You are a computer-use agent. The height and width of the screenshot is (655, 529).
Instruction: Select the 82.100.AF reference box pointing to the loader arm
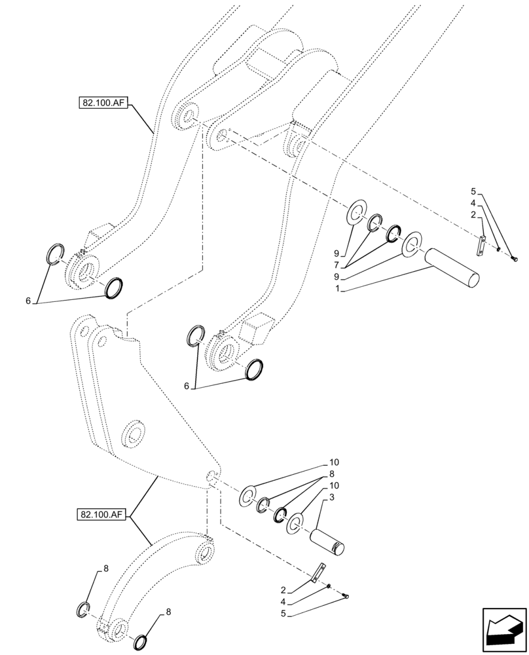tap(104, 102)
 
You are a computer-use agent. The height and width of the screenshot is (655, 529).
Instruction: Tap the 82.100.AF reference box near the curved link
tap(104, 515)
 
